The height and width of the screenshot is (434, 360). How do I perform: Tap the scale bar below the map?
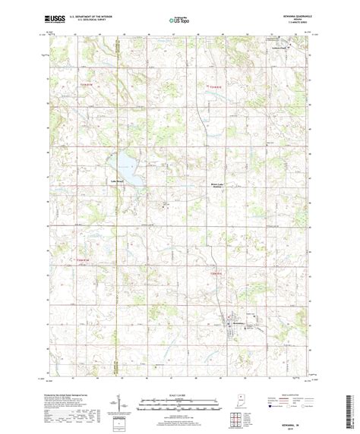(179, 403)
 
